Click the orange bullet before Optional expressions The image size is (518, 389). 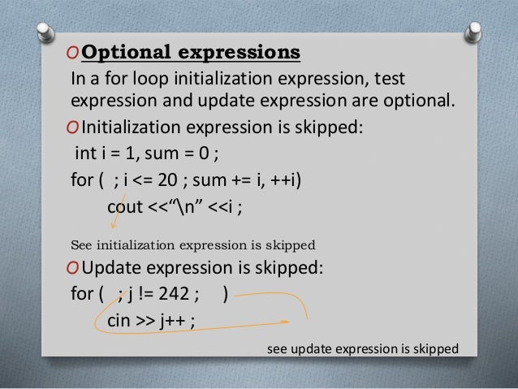click(73, 54)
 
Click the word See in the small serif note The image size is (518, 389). click(83, 242)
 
